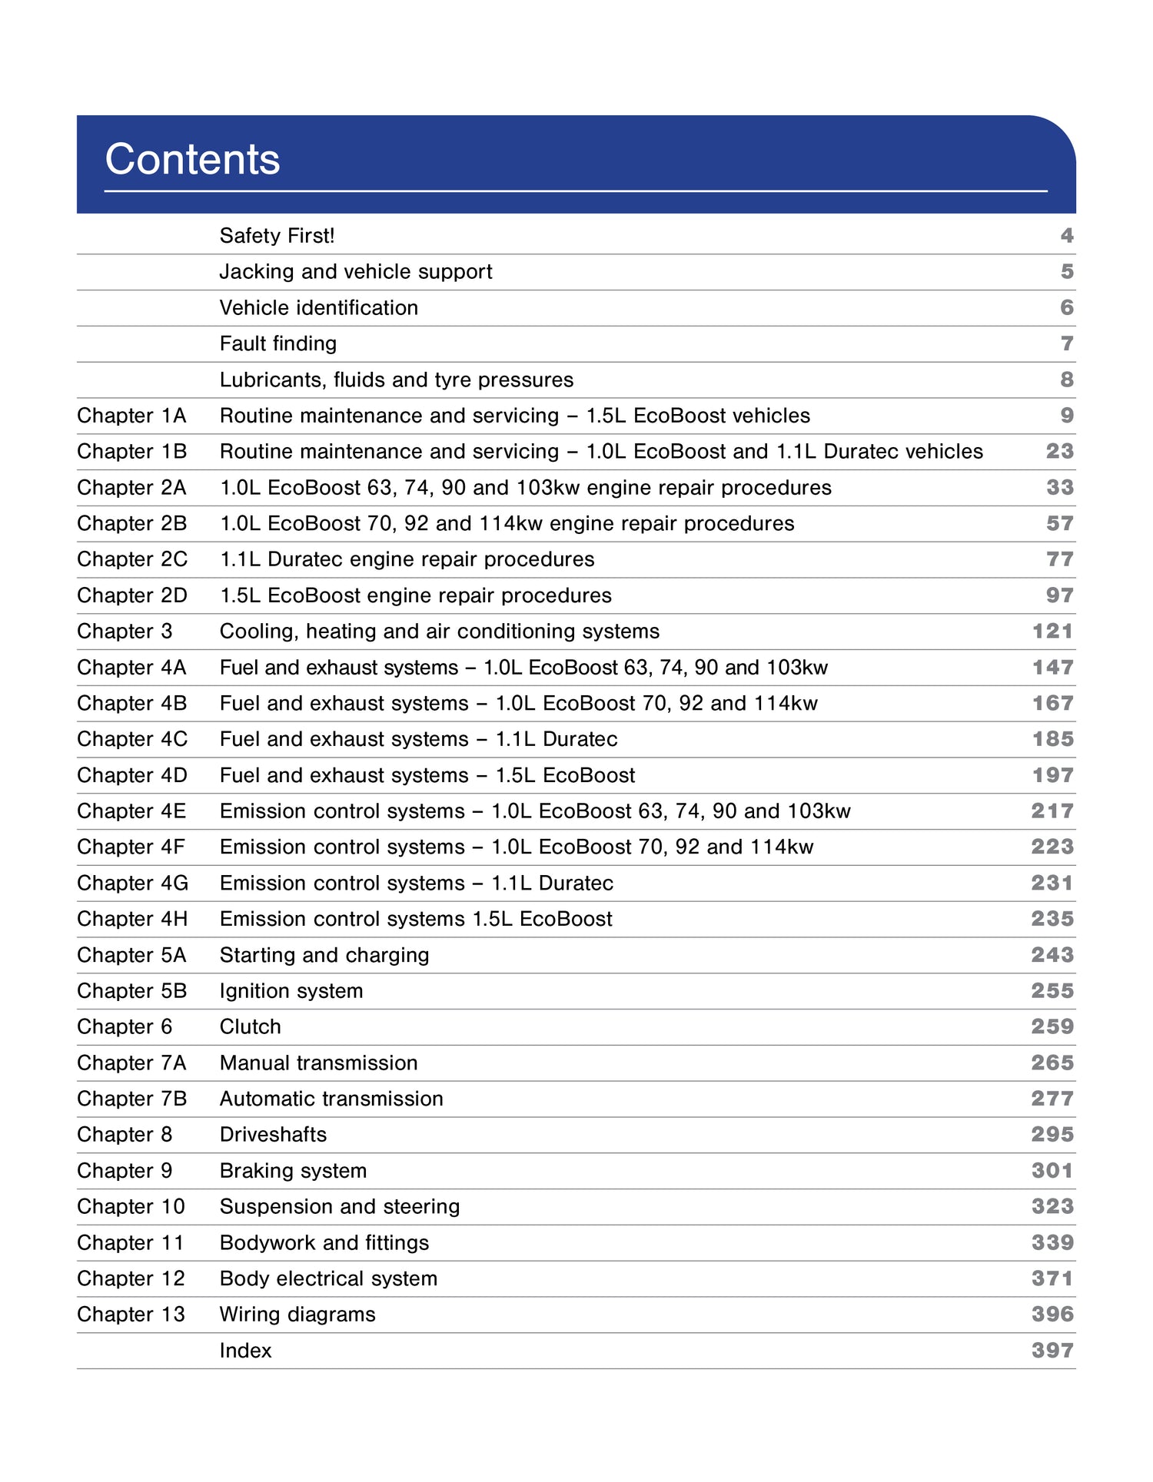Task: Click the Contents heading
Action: tap(192, 159)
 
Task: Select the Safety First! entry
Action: tap(277, 236)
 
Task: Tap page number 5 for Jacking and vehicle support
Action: tap(1067, 272)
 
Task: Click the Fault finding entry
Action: tap(277, 343)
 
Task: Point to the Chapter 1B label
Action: tap(131, 452)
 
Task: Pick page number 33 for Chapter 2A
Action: tap(1059, 488)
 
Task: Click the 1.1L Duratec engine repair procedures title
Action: tap(407, 559)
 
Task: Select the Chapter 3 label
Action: tap(125, 632)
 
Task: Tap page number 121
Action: tap(1052, 632)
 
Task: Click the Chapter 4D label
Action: tap(131, 775)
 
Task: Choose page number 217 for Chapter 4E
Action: tap(1052, 811)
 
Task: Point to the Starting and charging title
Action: tap(324, 955)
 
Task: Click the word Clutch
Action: tap(250, 1027)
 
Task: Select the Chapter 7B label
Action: tap(131, 1099)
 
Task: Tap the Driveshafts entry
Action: tap(273, 1135)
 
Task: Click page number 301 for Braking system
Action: tap(1052, 1171)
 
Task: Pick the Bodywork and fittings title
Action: tap(324, 1243)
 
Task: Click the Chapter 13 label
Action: tap(131, 1315)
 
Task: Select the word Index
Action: tap(245, 1351)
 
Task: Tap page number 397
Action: tap(1052, 1351)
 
